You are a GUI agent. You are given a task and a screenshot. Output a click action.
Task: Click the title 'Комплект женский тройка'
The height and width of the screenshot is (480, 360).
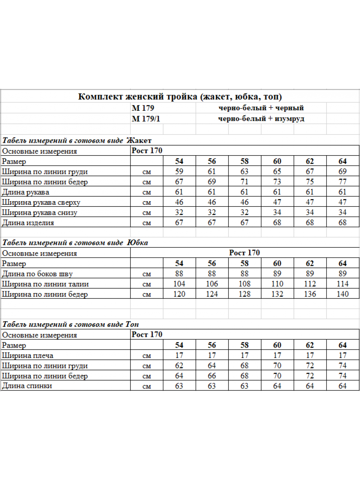point(180,97)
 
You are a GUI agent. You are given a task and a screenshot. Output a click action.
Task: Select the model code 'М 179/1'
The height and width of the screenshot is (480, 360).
point(146,119)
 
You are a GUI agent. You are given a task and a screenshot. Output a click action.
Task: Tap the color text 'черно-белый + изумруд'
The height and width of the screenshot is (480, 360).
point(261,119)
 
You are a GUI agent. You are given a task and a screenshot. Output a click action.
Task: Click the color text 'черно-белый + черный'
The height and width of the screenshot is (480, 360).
point(261,108)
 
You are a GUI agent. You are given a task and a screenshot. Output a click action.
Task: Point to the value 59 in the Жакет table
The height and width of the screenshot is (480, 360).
point(179,172)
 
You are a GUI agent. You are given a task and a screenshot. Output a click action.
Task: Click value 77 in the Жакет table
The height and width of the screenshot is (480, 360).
point(342,182)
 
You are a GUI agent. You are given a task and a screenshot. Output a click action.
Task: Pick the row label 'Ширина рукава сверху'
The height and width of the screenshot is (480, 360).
point(41,202)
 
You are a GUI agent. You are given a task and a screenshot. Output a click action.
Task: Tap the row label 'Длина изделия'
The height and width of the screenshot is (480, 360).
point(28,223)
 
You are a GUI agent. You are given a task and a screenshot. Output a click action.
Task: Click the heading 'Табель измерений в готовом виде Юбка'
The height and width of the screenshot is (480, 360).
point(75,243)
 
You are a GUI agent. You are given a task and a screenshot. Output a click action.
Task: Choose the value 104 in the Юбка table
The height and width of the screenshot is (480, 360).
point(179,284)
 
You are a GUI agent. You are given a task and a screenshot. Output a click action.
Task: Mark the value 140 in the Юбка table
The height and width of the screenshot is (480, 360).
point(342,294)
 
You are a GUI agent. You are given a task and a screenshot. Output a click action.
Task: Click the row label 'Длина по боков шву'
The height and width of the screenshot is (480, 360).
point(37,274)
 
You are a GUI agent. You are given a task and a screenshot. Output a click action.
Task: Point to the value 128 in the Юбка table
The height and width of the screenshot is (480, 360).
point(244,294)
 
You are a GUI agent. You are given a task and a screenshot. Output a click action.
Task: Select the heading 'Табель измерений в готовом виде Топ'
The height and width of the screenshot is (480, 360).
point(71,324)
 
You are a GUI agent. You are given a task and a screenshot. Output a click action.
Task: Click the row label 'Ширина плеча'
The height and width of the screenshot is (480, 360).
point(28,356)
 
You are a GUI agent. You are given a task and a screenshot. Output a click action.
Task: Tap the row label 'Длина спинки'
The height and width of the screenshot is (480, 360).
point(27,386)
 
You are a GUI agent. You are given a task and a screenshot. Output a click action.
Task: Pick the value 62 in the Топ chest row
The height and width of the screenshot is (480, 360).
point(179,366)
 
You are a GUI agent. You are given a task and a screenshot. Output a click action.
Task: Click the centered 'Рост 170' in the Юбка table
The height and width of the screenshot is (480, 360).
point(244,253)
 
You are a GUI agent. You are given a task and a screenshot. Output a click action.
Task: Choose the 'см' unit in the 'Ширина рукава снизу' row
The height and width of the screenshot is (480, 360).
point(147,213)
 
